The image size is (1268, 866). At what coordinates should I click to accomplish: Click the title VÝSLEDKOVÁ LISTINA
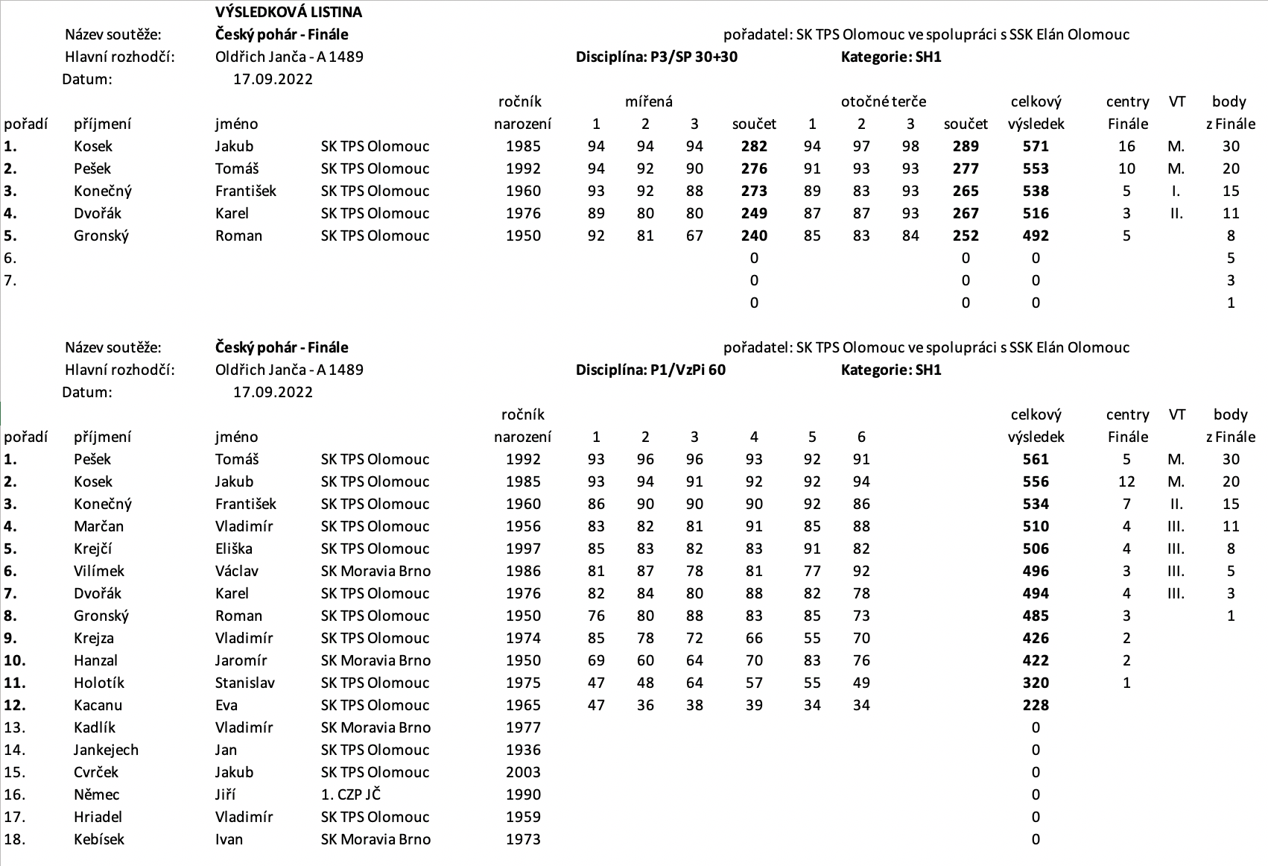(288, 12)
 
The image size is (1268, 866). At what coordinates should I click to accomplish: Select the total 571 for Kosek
(1036, 146)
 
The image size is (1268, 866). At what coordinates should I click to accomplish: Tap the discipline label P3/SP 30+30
(656, 57)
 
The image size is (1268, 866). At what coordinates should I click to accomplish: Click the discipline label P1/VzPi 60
(650, 370)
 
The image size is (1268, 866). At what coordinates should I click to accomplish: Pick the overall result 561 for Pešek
(1036, 459)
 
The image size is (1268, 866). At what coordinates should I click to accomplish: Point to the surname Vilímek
(99, 571)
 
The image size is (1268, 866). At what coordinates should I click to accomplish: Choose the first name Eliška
(234, 549)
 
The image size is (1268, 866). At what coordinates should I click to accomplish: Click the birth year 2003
(523, 772)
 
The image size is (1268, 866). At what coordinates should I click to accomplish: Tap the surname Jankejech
(106, 750)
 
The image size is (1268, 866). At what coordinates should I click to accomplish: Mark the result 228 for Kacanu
(1036, 705)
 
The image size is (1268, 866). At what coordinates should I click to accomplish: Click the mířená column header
(649, 101)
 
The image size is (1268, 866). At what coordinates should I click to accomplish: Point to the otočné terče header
(884, 101)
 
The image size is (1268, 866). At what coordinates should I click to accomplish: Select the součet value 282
(754, 146)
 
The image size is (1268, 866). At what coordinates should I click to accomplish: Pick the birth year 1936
(523, 750)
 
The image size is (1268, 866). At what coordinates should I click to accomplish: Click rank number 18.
(14, 839)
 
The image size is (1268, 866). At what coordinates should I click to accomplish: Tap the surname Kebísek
(99, 839)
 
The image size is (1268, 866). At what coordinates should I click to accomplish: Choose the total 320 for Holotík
(1036, 683)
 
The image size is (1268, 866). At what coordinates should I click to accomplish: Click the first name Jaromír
(241, 660)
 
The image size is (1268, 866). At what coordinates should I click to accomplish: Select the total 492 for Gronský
(1036, 236)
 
